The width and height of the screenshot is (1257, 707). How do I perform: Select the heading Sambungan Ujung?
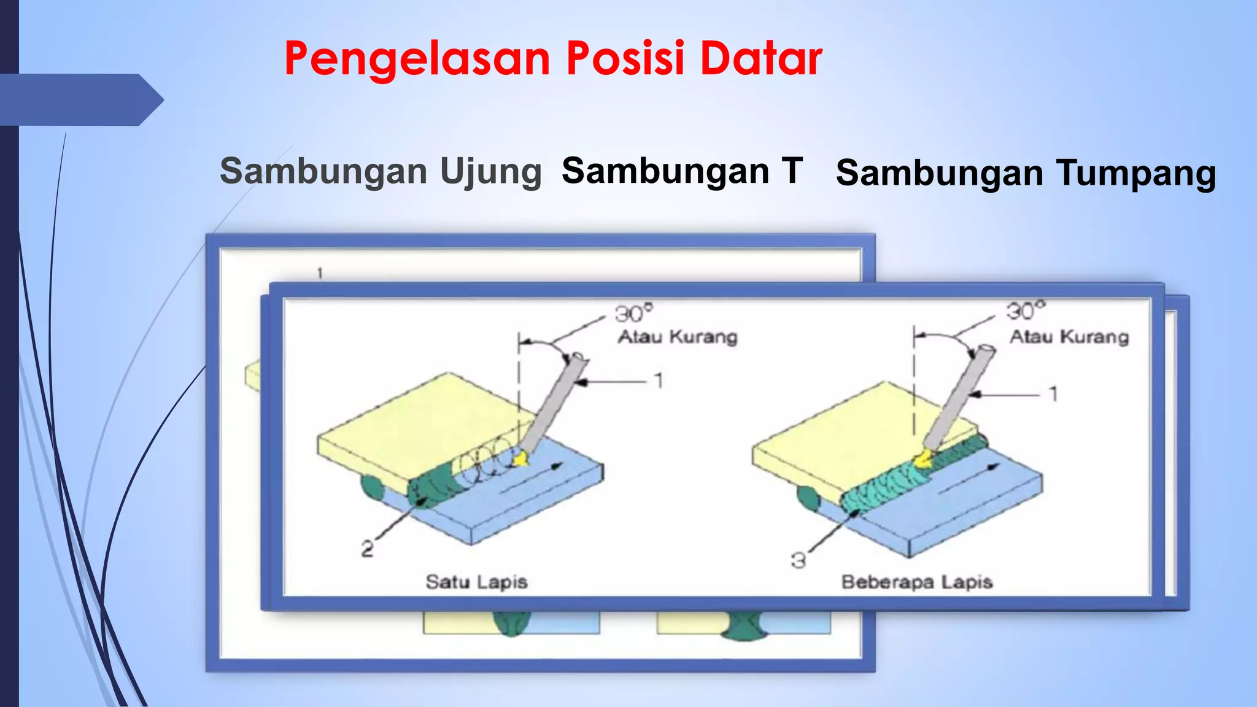(381, 171)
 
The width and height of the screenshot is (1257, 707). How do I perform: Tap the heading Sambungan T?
(681, 171)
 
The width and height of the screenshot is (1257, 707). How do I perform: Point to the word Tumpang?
(1135, 174)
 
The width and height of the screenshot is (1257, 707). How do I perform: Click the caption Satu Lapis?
(476, 582)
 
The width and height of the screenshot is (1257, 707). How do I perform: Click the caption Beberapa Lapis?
(916, 582)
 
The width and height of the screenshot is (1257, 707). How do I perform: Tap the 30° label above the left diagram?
(634, 314)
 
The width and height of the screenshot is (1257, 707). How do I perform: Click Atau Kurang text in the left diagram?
(677, 337)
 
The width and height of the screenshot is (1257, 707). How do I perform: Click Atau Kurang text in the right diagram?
(1069, 337)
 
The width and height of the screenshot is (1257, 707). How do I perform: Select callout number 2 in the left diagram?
(367, 548)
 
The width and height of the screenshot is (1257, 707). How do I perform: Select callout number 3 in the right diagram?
(798, 560)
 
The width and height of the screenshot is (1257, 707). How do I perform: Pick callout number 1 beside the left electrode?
(659, 381)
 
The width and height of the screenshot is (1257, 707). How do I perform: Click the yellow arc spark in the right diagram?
(922, 458)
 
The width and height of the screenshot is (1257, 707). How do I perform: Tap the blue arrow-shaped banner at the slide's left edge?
(80, 99)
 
